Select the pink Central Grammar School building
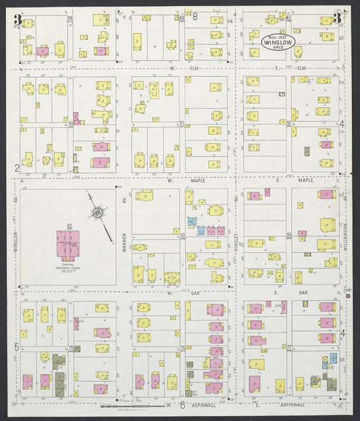click(68, 245)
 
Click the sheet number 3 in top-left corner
click(17, 19)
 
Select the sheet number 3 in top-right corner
click(336, 18)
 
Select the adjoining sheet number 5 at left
click(16, 347)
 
